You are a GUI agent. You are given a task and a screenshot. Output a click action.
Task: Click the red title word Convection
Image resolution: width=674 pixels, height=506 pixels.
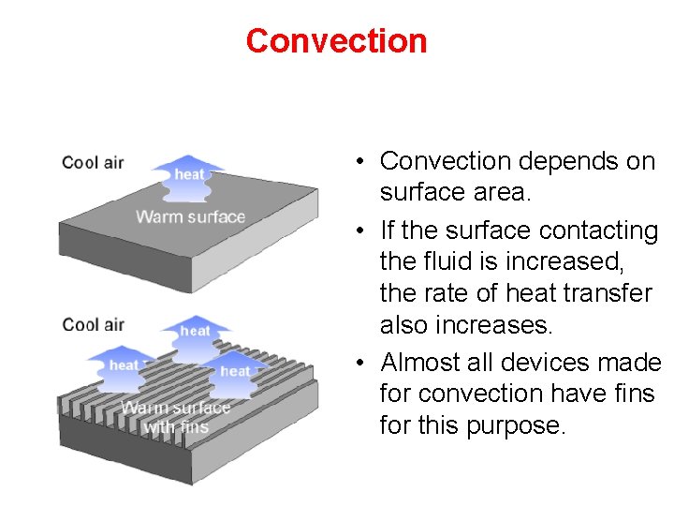click(336, 40)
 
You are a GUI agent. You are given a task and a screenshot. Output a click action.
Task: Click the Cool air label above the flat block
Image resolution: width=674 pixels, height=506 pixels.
click(93, 163)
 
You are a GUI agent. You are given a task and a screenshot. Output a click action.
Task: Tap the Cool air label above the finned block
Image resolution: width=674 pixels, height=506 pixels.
click(93, 325)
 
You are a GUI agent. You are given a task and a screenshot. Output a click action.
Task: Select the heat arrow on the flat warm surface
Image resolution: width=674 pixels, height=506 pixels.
click(190, 176)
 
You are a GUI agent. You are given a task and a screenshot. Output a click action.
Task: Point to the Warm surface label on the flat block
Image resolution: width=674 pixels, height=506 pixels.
click(190, 217)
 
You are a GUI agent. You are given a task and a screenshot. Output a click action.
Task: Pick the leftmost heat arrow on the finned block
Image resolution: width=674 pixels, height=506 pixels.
click(124, 366)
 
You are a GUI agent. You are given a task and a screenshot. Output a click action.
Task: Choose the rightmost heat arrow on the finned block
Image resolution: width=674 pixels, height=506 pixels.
click(235, 372)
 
